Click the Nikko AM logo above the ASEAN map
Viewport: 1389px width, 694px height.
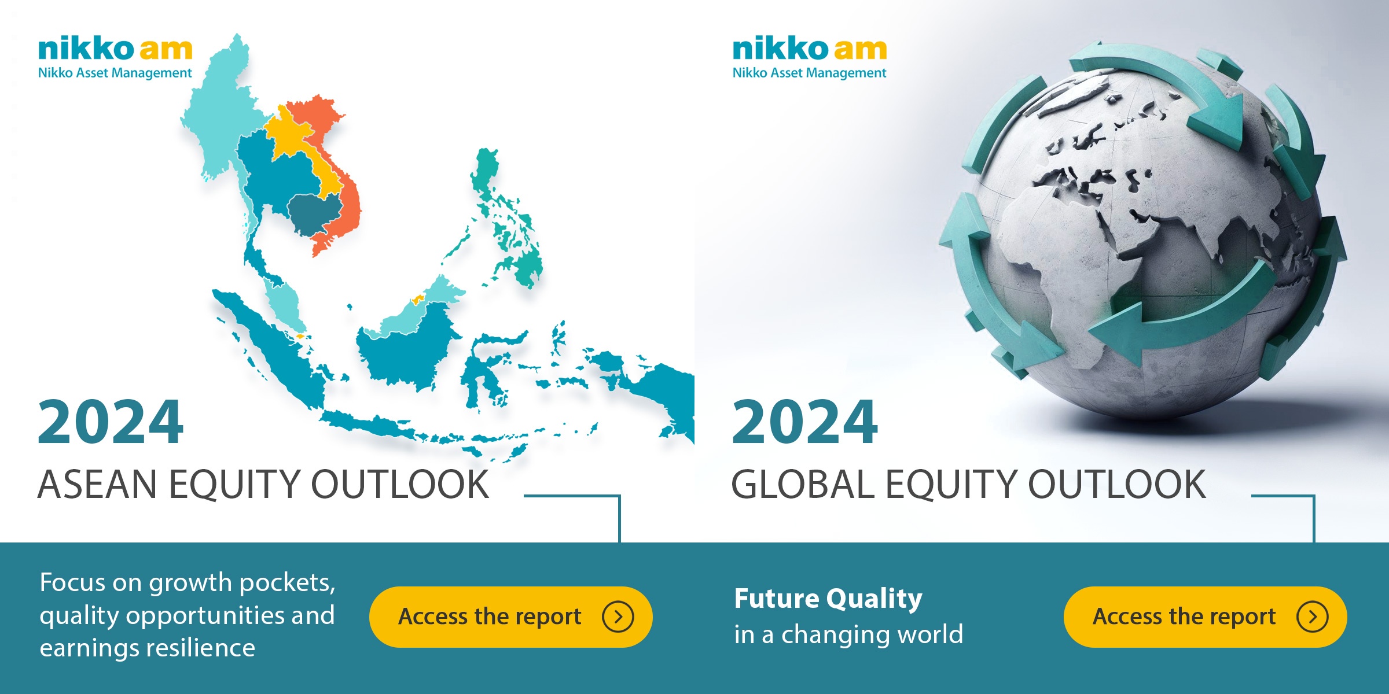click(x=115, y=57)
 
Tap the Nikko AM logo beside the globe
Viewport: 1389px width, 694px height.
click(x=810, y=57)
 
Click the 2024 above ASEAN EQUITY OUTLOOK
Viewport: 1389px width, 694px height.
click(x=111, y=422)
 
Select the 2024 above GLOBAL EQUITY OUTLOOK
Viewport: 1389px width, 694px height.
click(x=805, y=422)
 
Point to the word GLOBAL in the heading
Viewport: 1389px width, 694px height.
click(x=803, y=484)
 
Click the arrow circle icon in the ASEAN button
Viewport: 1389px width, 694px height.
click(x=618, y=617)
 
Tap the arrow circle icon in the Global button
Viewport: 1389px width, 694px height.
click(x=1313, y=617)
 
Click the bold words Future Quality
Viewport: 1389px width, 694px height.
click(x=828, y=599)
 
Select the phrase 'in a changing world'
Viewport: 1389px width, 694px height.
click(x=848, y=634)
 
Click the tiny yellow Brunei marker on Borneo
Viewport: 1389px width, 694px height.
click(x=417, y=300)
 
